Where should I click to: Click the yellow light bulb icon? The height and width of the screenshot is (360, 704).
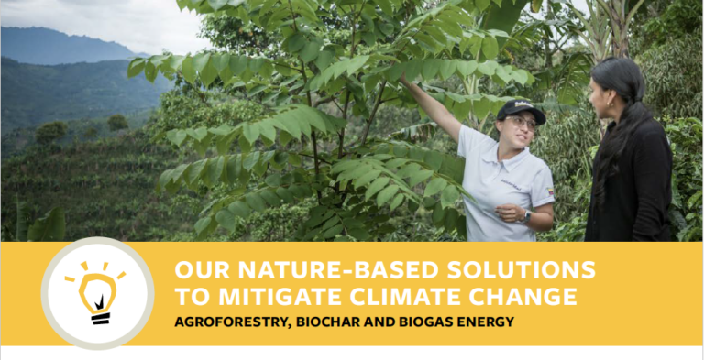(x=97, y=292)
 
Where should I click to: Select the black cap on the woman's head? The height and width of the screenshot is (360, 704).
(x=520, y=110)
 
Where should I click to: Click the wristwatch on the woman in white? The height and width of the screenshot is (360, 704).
(x=525, y=216)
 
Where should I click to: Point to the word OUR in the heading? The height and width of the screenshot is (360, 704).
(x=196, y=270)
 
